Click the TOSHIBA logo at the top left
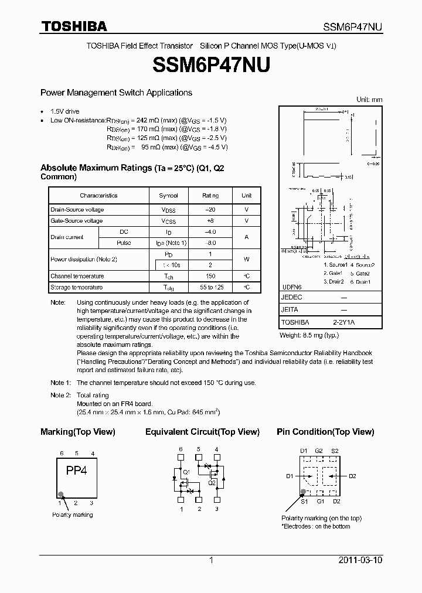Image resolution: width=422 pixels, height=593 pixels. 73,26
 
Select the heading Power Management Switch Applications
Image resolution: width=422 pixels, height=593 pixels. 116,93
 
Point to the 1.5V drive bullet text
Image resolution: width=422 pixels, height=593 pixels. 64,111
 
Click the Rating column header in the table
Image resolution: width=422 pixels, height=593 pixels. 210,196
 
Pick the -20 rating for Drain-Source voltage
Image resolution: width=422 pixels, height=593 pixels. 210,210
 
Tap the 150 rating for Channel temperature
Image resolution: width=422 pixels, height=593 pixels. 210,276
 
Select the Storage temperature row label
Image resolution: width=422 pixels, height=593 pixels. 76,287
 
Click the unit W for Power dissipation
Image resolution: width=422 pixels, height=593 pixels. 246,259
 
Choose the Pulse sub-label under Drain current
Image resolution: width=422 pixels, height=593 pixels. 124,243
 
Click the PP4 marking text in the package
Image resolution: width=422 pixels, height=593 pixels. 76,470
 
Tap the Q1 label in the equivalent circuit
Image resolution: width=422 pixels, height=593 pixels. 186,472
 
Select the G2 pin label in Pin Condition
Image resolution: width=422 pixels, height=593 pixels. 319,450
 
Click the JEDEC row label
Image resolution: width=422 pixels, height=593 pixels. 291,298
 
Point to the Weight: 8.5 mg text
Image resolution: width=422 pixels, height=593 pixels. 309,335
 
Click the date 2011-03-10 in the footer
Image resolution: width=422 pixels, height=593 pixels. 360,560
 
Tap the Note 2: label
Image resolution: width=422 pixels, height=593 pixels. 60,396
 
